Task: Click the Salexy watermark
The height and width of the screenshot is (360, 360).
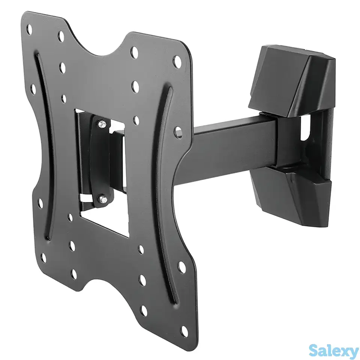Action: coord(334,351)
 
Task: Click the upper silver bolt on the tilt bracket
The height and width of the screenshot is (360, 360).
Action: coord(102,124)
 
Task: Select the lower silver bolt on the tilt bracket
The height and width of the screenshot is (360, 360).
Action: coord(102,199)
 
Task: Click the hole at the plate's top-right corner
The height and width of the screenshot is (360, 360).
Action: coord(177,61)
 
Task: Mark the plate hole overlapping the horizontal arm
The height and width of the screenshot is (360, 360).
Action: coord(178,133)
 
